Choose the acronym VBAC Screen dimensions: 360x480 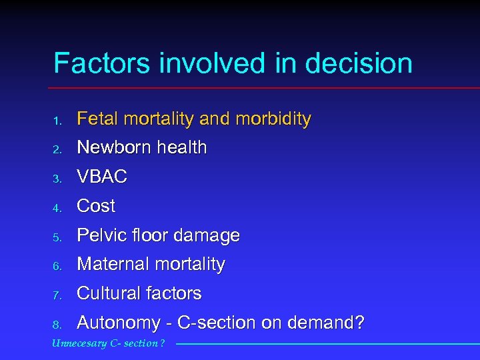pos(102,177)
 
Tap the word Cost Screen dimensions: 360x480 pos(96,206)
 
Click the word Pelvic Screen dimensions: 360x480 pos(97,235)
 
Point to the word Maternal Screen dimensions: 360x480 pos(113,264)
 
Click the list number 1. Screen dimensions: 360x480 pos(57,121)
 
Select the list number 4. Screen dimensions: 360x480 pos(57,207)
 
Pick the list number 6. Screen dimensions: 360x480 pos(57,265)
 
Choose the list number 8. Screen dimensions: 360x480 pos(57,325)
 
